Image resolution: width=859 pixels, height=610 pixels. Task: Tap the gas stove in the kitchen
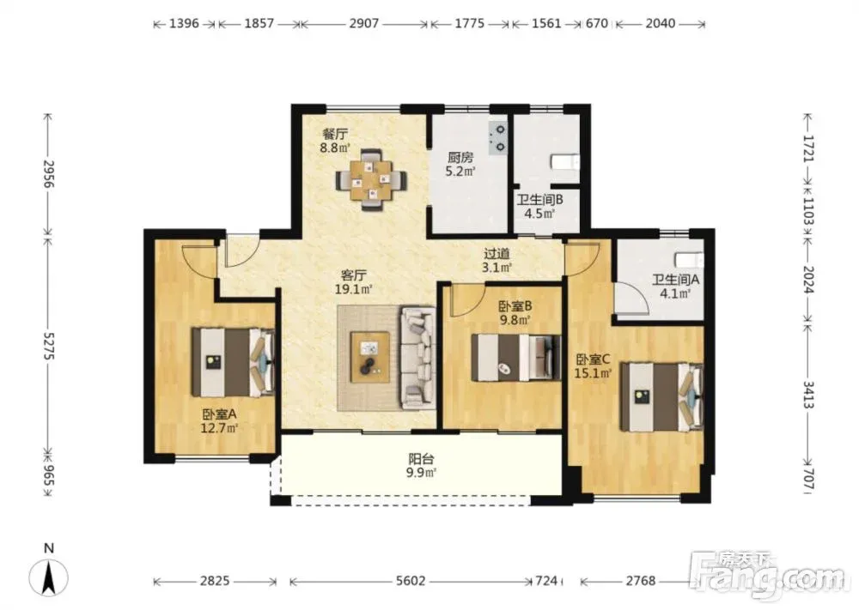498,138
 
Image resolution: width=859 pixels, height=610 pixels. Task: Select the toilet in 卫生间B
564,162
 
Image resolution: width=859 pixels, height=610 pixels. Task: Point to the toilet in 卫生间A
689,259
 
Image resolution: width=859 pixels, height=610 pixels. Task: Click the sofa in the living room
419,359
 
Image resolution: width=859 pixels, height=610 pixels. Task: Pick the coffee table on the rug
370,357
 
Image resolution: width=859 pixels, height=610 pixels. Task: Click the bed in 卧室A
233,362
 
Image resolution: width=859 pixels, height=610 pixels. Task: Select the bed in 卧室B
516,357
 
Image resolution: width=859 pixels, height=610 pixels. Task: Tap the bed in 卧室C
661,396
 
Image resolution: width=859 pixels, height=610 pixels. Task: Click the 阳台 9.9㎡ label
421,466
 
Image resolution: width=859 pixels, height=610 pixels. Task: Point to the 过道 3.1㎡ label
497,261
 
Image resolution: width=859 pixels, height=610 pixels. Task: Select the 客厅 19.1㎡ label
354,281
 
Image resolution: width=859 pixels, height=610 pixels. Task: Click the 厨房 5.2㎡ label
460,164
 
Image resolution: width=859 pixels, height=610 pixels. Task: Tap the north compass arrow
49,577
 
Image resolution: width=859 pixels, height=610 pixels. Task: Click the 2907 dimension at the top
364,23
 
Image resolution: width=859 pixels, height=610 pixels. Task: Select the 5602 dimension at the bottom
411,581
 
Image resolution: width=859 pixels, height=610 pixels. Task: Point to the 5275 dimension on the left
48,347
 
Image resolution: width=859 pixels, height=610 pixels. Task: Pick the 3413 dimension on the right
808,394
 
